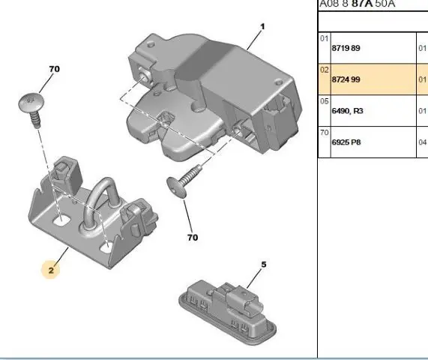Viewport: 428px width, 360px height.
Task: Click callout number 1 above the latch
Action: coord(262,26)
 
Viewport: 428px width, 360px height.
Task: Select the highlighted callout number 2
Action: coord(51,270)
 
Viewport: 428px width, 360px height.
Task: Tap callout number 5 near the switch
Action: coord(263,265)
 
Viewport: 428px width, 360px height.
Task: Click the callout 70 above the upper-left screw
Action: coord(54,69)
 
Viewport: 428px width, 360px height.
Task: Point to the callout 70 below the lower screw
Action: coord(193,237)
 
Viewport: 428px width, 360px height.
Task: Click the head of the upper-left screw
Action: coord(31,103)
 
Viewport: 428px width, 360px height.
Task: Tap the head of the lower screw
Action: coord(177,187)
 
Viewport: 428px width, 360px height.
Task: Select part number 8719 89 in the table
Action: coord(346,48)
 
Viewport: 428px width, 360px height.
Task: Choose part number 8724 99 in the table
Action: coord(346,79)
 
